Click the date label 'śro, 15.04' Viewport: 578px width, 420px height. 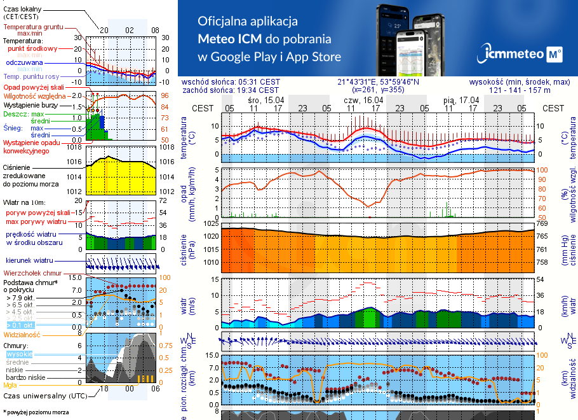266,101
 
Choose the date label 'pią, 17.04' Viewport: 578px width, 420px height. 460,101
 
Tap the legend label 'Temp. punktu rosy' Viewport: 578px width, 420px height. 32,77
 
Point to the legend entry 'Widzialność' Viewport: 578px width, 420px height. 22,333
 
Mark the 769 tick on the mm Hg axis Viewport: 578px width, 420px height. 542,224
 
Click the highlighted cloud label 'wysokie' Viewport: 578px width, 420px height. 19,354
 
